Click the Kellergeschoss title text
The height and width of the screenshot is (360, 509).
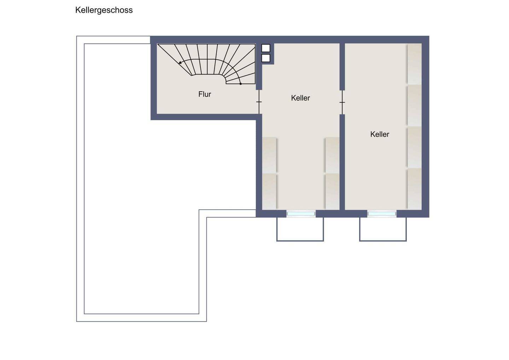click(104, 10)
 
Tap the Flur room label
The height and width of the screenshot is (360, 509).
click(205, 94)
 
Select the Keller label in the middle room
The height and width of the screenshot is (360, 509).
click(300, 98)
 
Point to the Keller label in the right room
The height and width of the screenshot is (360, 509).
click(380, 134)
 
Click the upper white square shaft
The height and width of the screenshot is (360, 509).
click(266, 48)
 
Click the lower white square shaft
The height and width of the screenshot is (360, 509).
click(266, 58)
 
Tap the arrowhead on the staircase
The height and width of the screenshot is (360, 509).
click(180, 63)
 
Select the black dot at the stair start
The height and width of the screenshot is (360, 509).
click(241, 84)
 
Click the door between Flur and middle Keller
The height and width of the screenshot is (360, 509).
click(259, 102)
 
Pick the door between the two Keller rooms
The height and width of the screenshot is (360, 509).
click(342, 103)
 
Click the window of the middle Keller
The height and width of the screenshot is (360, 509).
click(301, 214)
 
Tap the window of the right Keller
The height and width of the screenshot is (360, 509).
click(382, 214)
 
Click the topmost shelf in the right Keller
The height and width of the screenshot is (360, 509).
click(415, 64)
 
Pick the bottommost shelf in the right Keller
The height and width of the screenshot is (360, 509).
click(415, 189)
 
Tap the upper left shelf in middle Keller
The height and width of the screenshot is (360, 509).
click(269, 155)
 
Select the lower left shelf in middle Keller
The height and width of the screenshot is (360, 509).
click(269, 192)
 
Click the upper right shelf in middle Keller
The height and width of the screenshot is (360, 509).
click(332, 155)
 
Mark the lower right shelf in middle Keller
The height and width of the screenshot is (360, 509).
click(332, 192)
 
